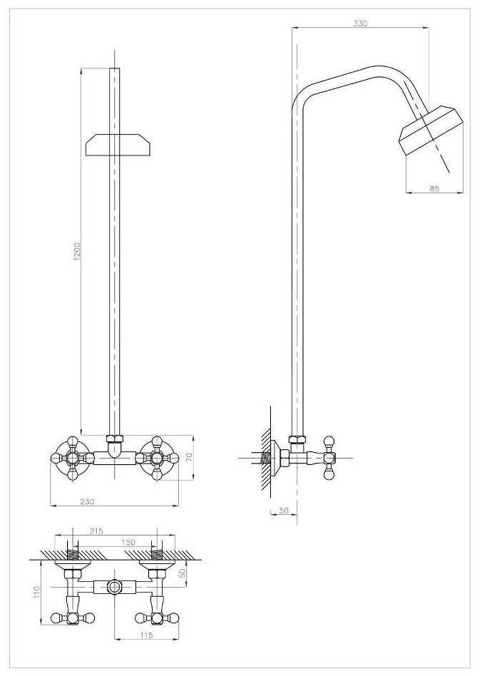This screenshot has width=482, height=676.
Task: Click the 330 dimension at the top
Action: click(x=360, y=24)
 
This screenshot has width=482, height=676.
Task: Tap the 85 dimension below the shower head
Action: click(x=434, y=188)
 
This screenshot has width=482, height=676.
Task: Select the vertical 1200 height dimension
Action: click(x=78, y=251)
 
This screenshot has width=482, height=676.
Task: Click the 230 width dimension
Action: click(x=86, y=501)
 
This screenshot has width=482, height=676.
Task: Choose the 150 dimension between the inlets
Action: click(x=128, y=543)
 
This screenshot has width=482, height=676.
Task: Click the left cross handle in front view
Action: click(x=72, y=458)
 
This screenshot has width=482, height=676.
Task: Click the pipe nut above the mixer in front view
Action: click(x=114, y=439)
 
